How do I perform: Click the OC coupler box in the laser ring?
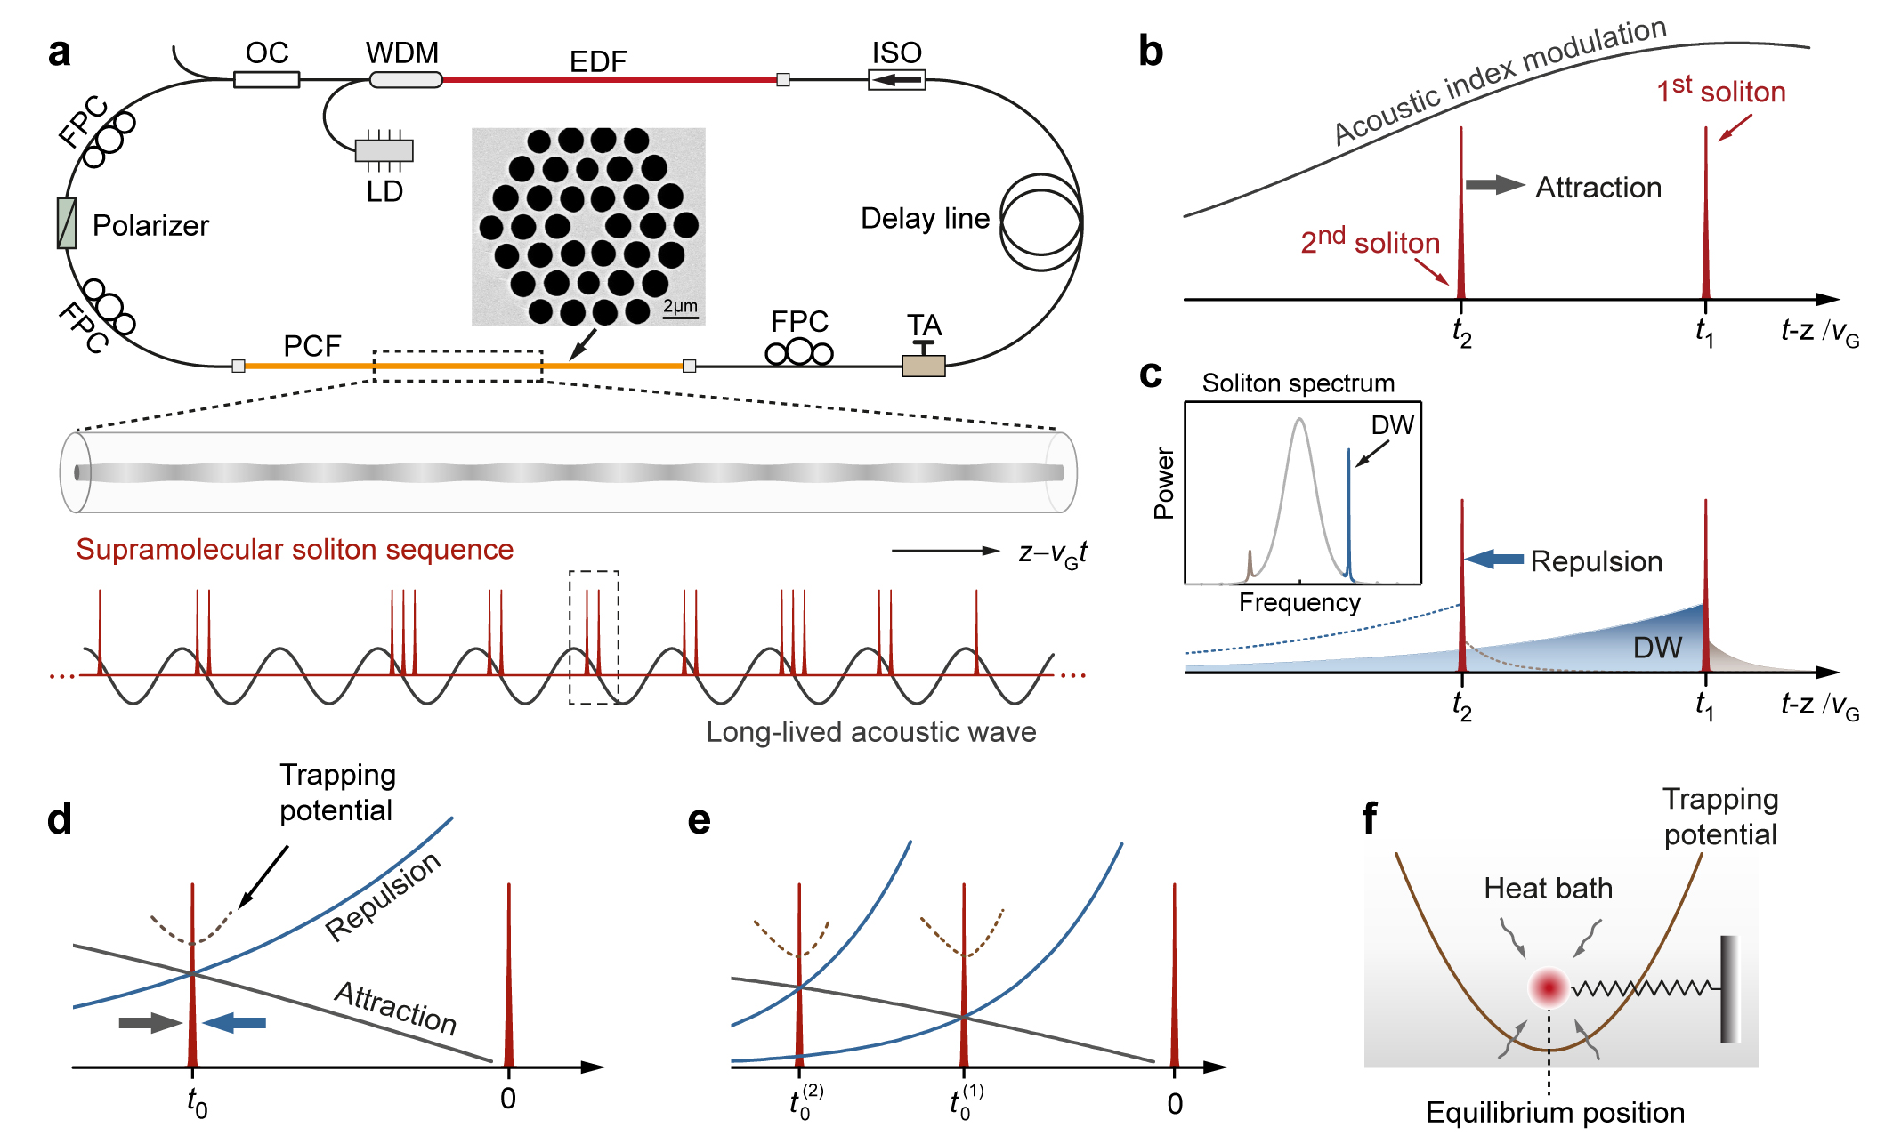click(266, 80)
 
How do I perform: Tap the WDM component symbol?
click(406, 80)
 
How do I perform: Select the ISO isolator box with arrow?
click(897, 81)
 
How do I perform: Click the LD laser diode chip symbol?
click(384, 150)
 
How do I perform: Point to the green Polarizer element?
click(67, 223)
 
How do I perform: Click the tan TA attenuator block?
click(924, 365)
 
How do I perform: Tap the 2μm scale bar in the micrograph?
click(681, 308)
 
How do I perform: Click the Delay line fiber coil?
click(1041, 222)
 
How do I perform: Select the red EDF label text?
click(598, 62)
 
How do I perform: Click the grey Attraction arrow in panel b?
click(1494, 185)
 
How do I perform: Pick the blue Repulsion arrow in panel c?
click(1494, 560)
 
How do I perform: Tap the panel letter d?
click(60, 818)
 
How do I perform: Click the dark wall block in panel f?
click(1729, 987)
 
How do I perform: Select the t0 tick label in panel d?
click(197, 1102)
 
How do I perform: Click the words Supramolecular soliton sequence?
click(295, 550)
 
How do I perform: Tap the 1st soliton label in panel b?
click(1720, 91)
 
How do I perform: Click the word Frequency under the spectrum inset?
click(1299, 603)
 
